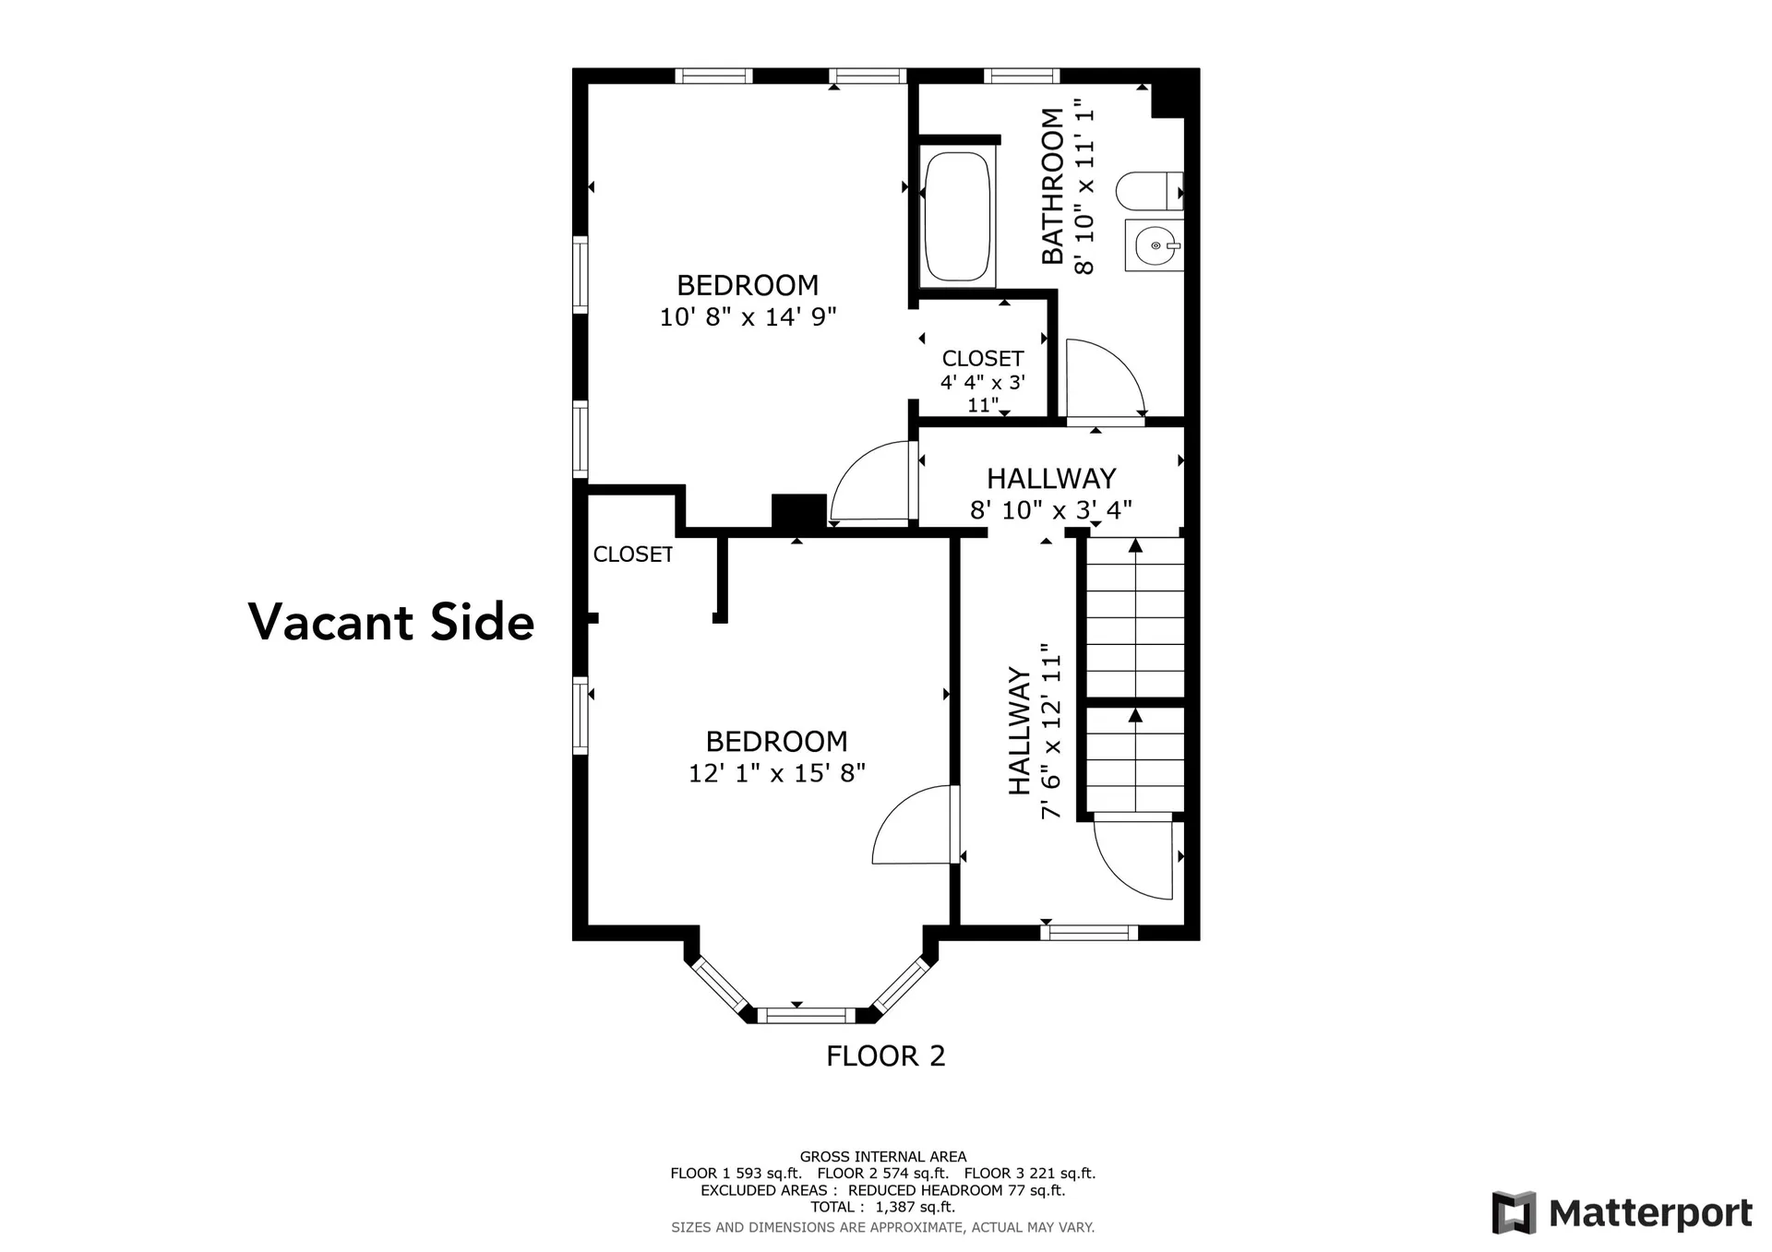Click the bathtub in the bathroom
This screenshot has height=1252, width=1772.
tap(958, 217)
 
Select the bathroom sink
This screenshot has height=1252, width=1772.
tap(1153, 245)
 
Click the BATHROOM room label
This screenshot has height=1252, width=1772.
tap(1053, 185)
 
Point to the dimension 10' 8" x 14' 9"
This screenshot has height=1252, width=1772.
tap(748, 317)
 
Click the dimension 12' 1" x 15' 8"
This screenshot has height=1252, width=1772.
tap(776, 773)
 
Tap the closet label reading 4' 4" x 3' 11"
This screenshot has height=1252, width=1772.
tap(982, 381)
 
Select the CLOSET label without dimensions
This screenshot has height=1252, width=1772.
tap(632, 554)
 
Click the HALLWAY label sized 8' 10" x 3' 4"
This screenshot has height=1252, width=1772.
tap(1050, 494)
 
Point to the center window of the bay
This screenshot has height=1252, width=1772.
tap(807, 1016)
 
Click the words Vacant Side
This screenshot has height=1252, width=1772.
tap(391, 622)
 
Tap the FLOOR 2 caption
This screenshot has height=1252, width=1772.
tap(885, 1055)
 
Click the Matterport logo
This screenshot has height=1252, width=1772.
tap(1622, 1213)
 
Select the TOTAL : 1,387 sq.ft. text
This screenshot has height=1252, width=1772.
tap(882, 1207)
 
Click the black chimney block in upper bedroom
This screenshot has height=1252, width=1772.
tap(798, 510)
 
